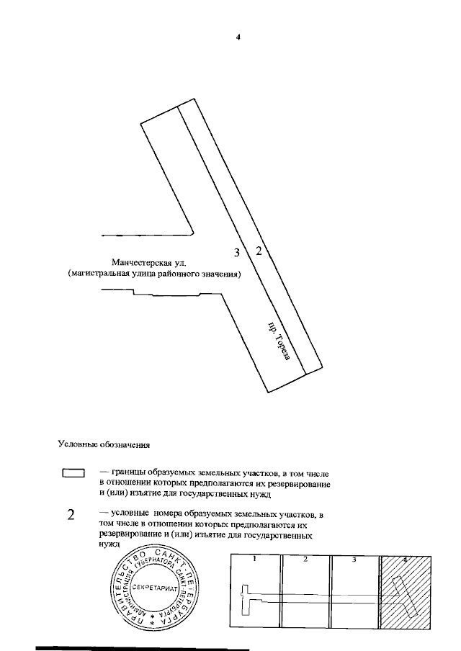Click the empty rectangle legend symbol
pyautogui.click(x=73, y=473)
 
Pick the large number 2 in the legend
pyautogui.click(x=71, y=515)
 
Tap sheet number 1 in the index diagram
pyautogui.click(x=255, y=559)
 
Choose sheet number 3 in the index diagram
pyautogui.click(x=354, y=559)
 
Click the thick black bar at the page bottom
pyautogui.click(x=144, y=648)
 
